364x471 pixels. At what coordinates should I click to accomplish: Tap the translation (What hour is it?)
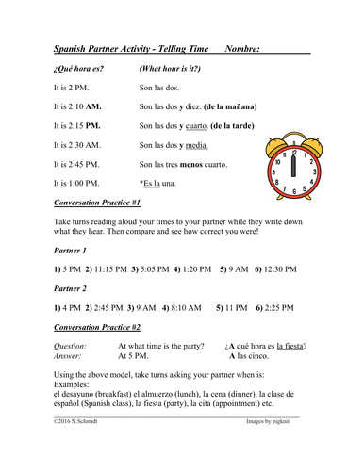174,69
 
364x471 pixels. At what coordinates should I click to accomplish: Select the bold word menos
205,164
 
